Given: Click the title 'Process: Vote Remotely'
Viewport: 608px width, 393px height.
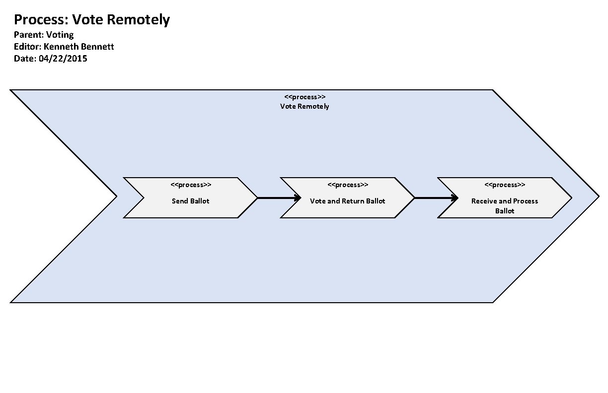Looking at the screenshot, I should point(92,20).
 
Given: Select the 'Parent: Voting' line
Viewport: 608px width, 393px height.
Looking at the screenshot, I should point(44,35).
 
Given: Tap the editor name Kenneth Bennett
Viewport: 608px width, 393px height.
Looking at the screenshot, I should point(79,47).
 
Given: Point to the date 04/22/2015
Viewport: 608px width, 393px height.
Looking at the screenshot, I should point(63,59).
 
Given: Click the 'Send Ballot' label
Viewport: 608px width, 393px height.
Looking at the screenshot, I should point(190,201).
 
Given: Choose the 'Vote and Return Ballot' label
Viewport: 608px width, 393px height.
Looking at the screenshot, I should point(347,201).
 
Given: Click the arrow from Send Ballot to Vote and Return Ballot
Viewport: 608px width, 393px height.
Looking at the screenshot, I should point(278,198).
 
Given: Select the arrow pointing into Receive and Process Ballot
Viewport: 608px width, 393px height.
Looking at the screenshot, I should point(435,198).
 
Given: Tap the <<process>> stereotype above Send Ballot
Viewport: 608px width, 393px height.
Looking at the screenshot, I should point(191,185).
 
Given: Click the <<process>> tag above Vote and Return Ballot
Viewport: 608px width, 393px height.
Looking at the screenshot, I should point(348,185).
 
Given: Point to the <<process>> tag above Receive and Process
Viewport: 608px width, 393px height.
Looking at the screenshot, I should point(505,185).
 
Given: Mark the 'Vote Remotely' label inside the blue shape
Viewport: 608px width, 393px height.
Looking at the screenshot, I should point(304,106).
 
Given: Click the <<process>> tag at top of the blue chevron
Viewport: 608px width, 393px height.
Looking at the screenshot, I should point(305,97).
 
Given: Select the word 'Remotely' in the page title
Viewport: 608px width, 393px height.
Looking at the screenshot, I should point(139,20).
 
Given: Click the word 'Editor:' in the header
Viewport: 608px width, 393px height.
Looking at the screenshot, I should point(27,47).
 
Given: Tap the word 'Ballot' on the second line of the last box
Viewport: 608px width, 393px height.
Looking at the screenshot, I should point(505,211).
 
